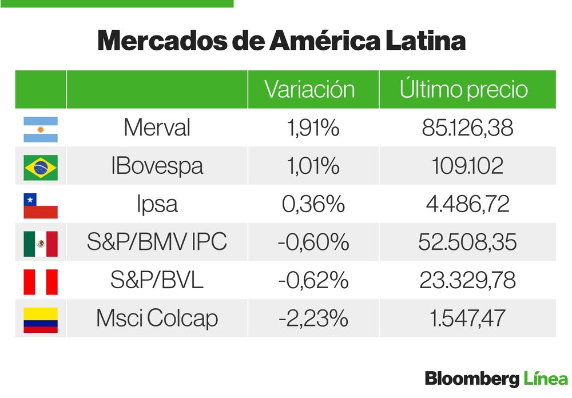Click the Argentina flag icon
(x=40, y=129)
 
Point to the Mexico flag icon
(x=40, y=244)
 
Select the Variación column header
(x=309, y=90)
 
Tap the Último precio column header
(x=463, y=90)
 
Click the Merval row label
(x=157, y=128)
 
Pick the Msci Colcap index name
(x=157, y=319)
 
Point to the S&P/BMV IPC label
(x=157, y=242)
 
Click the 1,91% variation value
(x=313, y=128)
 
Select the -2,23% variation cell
(x=313, y=319)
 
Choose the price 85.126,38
(x=467, y=128)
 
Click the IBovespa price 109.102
(x=467, y=166)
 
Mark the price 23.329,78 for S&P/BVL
(x=467, y=281)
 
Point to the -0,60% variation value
(x=313, y=242)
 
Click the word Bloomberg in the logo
(x=471, y=378)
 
